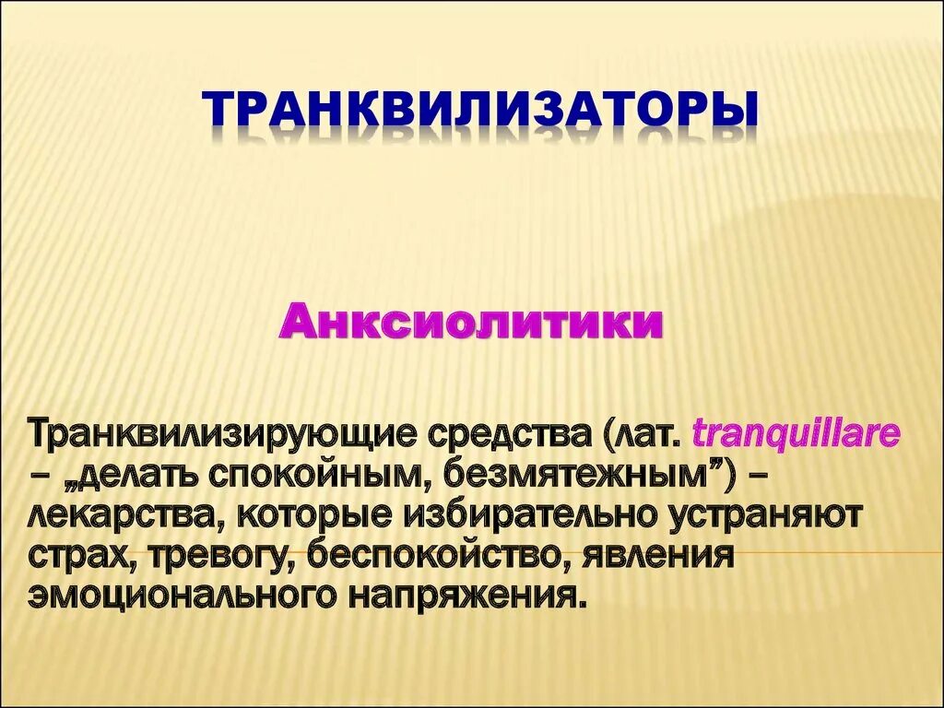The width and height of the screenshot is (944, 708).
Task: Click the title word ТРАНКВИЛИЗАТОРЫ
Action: [481, 109]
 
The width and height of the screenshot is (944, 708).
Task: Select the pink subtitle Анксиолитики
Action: [472, 324]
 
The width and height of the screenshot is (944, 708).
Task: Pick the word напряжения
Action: [466, 595]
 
